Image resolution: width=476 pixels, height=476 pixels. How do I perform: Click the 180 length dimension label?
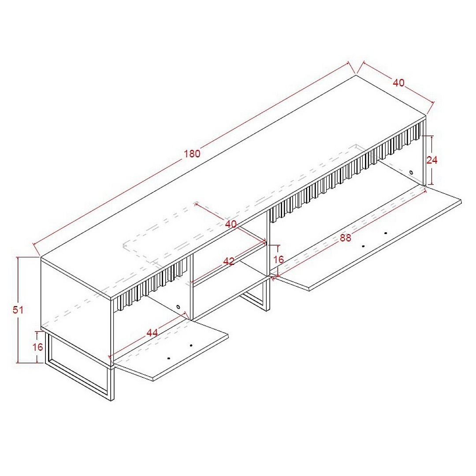tap(192, 154)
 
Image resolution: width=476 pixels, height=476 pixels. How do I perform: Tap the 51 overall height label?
tap(18, 310)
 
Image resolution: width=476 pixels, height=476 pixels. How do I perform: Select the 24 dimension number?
tap(431, 160)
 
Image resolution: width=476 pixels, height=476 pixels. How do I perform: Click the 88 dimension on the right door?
tap(345, 238)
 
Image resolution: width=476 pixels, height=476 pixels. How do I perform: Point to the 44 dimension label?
tap(152, 333)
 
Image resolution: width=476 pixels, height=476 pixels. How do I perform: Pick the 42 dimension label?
tap(229, 261)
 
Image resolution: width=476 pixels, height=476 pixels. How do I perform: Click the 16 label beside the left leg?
tap(37, 347)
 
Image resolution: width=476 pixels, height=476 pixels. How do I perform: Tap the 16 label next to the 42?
tap(279, 260)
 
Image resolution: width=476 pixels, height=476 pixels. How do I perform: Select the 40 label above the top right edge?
tap(398, 82)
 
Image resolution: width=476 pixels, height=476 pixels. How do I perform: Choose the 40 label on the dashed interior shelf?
tap(231, 224)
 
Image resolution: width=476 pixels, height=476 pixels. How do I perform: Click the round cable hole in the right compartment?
tap(411, 172)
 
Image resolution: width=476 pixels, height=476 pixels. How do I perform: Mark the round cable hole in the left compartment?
tap(178, 307)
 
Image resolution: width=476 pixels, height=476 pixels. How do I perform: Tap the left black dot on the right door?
tap(363, 246)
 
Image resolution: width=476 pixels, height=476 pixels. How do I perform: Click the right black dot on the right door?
tap(386, 233)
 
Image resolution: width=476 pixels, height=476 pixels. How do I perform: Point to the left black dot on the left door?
tap(169, 358)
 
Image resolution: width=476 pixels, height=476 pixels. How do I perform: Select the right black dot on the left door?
tap(191, 346)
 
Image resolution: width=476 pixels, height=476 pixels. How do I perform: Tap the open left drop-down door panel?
tap(170, 349)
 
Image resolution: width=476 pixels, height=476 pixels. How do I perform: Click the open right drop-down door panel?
tap(367, 238)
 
